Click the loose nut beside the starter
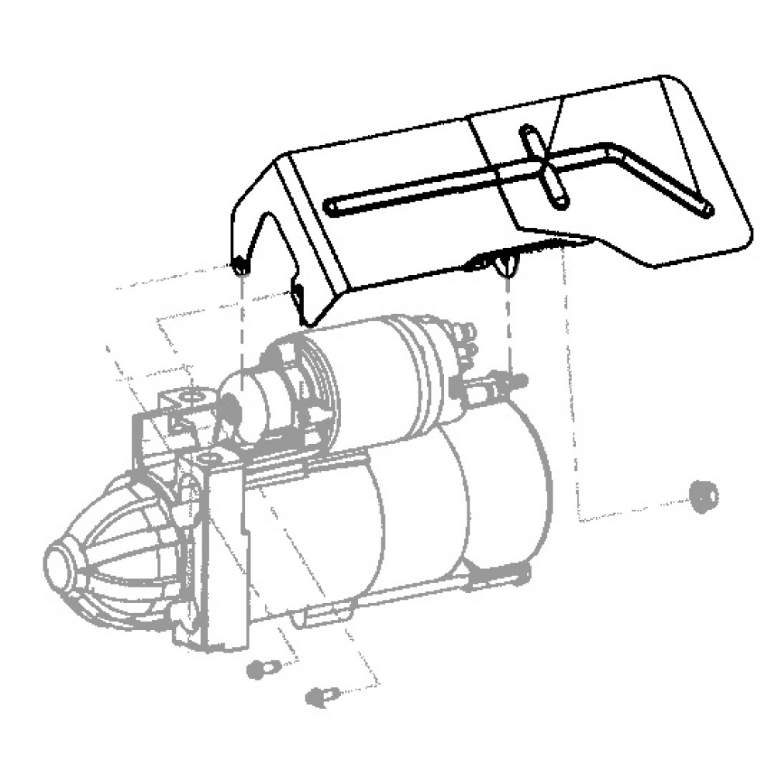click(x=703, y=495)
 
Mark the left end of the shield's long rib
click(x=332, y=205)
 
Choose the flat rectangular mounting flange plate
click(x=225, y=550)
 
